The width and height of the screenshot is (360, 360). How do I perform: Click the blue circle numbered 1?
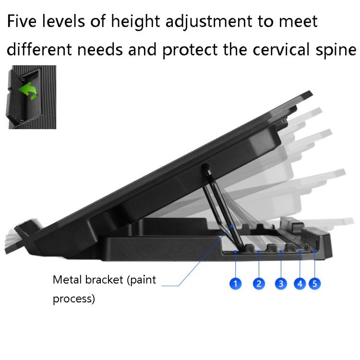[x=235, y=284]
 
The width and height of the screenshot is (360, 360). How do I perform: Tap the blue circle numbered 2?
[x=259, y=284]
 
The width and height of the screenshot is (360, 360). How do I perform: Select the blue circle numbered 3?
[x=281, y=284]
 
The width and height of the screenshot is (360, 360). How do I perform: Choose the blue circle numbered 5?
[x=315, y=284]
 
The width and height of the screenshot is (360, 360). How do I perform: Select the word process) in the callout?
[x=73, y=300]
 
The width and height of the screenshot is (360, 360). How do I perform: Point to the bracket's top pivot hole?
[x=206, y=168]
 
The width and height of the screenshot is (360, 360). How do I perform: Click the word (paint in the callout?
[x=142, y=280]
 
